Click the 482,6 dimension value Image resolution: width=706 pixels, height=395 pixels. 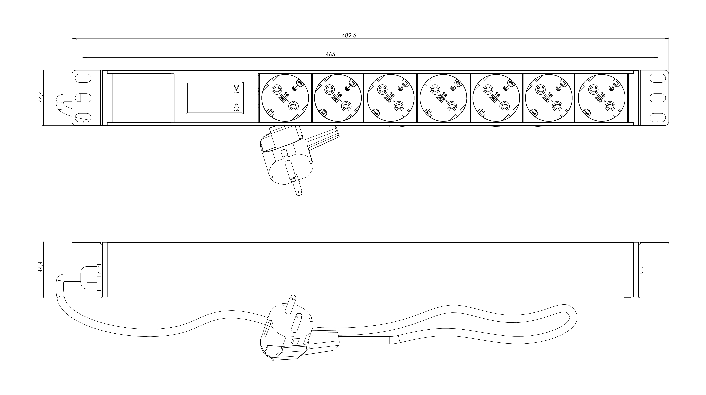pyautogui.click(x=349, y=35)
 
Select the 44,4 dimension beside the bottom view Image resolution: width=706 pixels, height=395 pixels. pyautogui.click(x=40, y=267)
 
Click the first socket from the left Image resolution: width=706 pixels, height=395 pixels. pyautogui.click(x=285, y=98)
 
